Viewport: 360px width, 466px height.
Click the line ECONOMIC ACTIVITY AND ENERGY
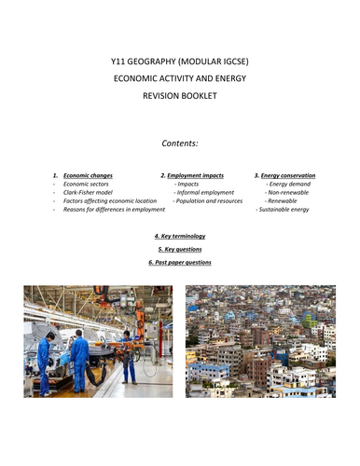tap(180, 78)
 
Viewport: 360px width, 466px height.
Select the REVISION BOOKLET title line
tap(180, 94)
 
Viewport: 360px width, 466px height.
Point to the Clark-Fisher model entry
tap(86, 191)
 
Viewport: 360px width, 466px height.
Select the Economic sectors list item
tap(85, 183)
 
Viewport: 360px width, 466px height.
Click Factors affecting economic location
tap(104, 200)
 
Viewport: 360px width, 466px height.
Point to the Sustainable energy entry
tap(284, 210)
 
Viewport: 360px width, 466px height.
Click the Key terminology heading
tap(180, 236)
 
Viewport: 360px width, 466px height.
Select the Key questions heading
tap(180, 249)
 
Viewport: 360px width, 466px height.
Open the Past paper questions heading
tap(180, 262)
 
